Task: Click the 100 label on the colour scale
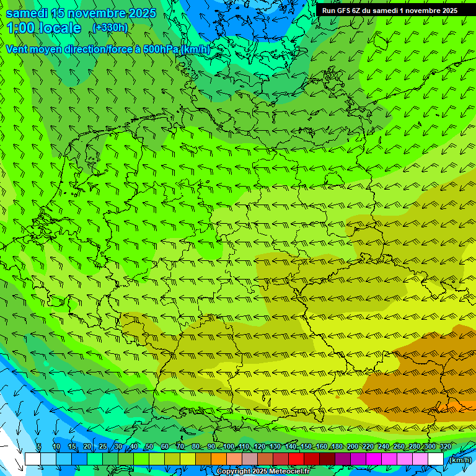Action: [x=229, y=446]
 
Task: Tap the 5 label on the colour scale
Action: [x=39, y=446]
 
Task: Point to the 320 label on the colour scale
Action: [x=445, y=446]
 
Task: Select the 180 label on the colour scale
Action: [x=337, y=446]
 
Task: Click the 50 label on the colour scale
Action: [x=149, y=446]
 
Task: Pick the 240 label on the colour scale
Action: [x=383, y=446]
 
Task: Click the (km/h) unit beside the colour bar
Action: [x=459, y=460]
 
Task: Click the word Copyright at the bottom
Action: [x=233, y=472]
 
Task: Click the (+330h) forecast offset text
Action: [x=110, y=28]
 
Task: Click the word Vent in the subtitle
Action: [x=17, y=49]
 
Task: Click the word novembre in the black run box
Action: [x=418, y=11]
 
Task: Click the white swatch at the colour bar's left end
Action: [x=32, y=459]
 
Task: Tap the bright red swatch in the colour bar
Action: [x=296, y=459]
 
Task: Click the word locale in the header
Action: [x=61, y=28]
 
